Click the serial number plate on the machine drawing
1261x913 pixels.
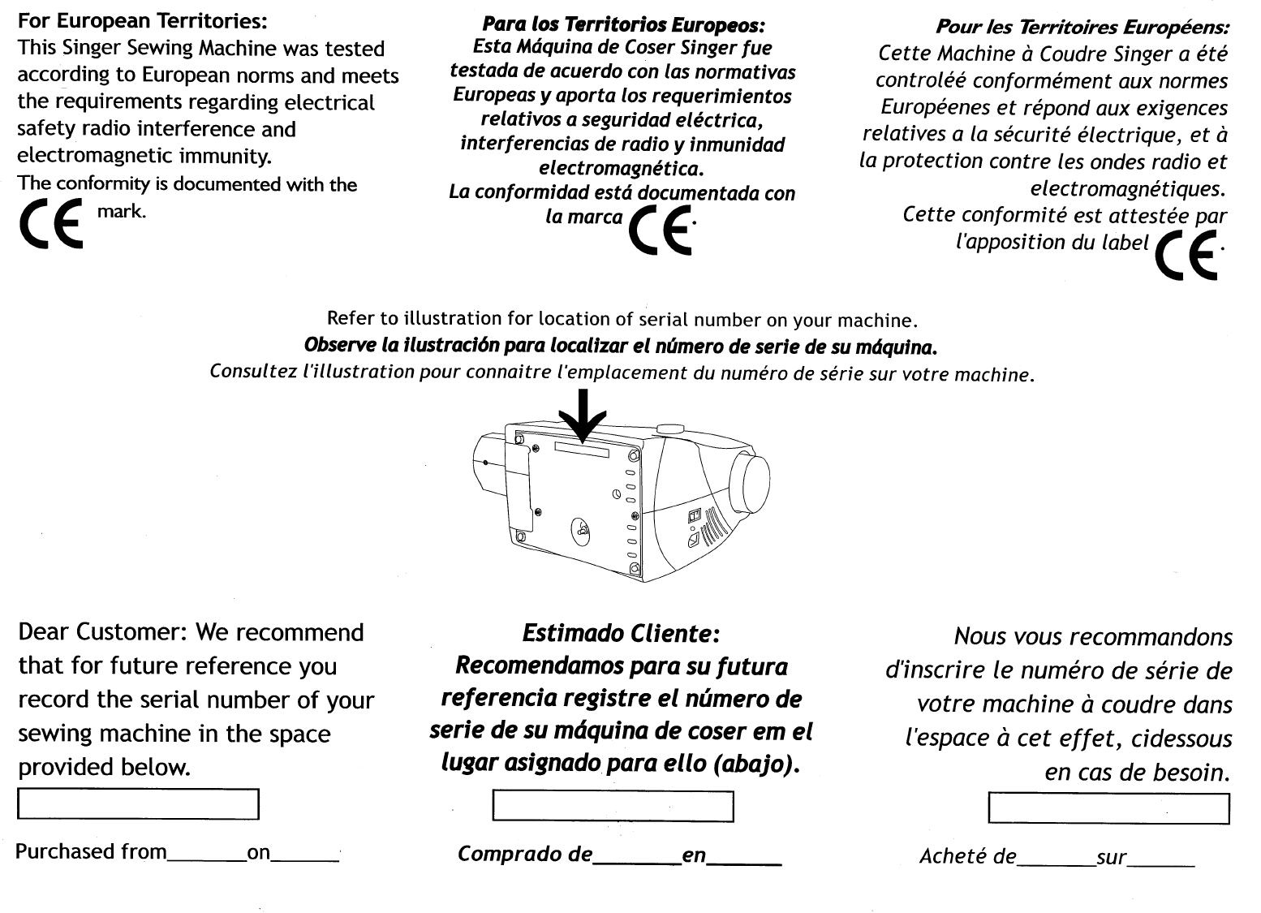pyautogui.click(x=582, y=449)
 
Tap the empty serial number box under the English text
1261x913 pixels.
pyautogui.click(x=138, y=803)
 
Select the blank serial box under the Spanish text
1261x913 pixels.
pyautogui.click(x=613, y=806)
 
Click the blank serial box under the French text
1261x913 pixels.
pyautogui.click(x=1109, y=808)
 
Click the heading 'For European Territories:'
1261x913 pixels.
pyautogui.click(x=143, y=19)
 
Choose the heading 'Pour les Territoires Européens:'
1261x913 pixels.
pyautogui.click(x=1082, y=27)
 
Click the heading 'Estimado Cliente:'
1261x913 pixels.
pyautogui.click(x=621, y=632)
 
